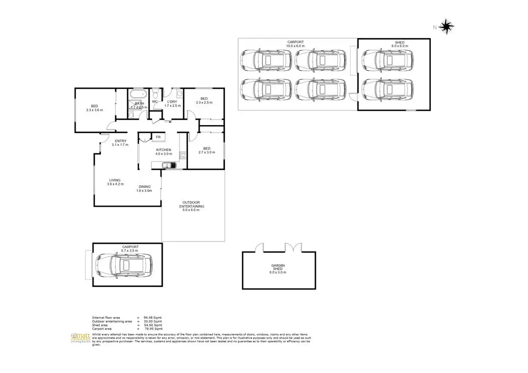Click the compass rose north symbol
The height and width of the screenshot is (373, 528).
(446, 26)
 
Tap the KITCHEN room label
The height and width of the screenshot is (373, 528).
(163, 150)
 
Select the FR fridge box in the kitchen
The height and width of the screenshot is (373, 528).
(158, 137)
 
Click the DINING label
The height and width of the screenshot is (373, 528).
(145, 186)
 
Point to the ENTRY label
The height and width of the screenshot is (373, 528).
(121, 141)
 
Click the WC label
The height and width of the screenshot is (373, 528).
(155, 101)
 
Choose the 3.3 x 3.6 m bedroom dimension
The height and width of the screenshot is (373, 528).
(95, 110)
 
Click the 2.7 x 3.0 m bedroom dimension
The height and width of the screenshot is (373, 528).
(207, 152)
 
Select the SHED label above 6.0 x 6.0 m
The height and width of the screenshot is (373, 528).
(399, 42)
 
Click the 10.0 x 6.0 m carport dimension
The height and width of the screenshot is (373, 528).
(296, 46)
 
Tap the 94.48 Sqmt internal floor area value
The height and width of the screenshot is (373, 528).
(153, 317)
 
